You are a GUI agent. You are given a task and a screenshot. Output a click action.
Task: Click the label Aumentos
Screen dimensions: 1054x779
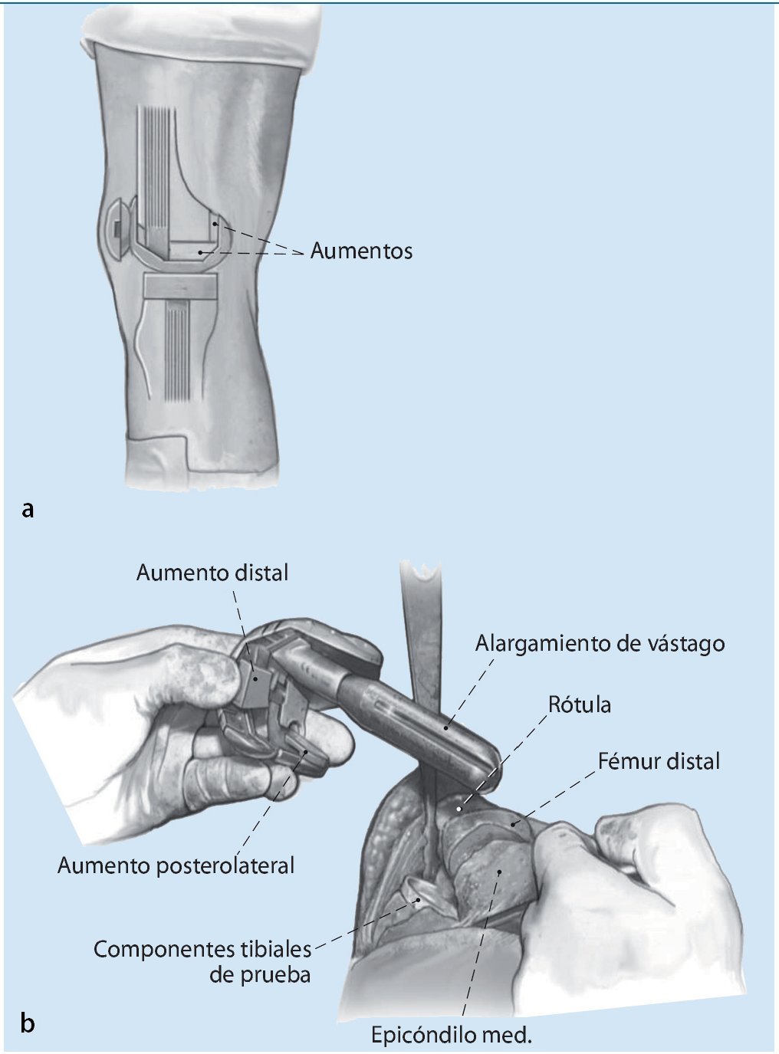pos(361,251)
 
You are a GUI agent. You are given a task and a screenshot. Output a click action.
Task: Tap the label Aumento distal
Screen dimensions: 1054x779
pos(212,573)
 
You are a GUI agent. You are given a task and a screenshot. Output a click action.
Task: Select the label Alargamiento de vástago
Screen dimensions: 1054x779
pos(600,642)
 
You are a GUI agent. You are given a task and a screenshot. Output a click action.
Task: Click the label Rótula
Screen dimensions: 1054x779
pos(580,704)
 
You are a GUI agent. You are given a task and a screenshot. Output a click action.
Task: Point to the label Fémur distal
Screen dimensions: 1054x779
pos(659,761)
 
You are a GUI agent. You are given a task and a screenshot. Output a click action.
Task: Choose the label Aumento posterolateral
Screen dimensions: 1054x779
pos(176,865)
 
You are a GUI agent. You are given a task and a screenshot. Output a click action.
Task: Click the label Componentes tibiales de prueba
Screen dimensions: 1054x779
pos(202,961)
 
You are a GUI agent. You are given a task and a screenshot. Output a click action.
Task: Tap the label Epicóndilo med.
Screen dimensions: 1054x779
pos(451,1036)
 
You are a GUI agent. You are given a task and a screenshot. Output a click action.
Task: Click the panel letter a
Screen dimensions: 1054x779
pos(28,509)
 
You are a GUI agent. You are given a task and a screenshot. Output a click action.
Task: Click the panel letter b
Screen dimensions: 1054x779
pos(28,1023)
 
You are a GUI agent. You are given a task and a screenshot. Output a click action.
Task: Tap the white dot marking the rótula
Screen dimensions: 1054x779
pos(459,807)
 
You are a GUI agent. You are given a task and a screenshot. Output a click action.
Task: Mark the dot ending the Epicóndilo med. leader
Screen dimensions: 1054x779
pos(501,871)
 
